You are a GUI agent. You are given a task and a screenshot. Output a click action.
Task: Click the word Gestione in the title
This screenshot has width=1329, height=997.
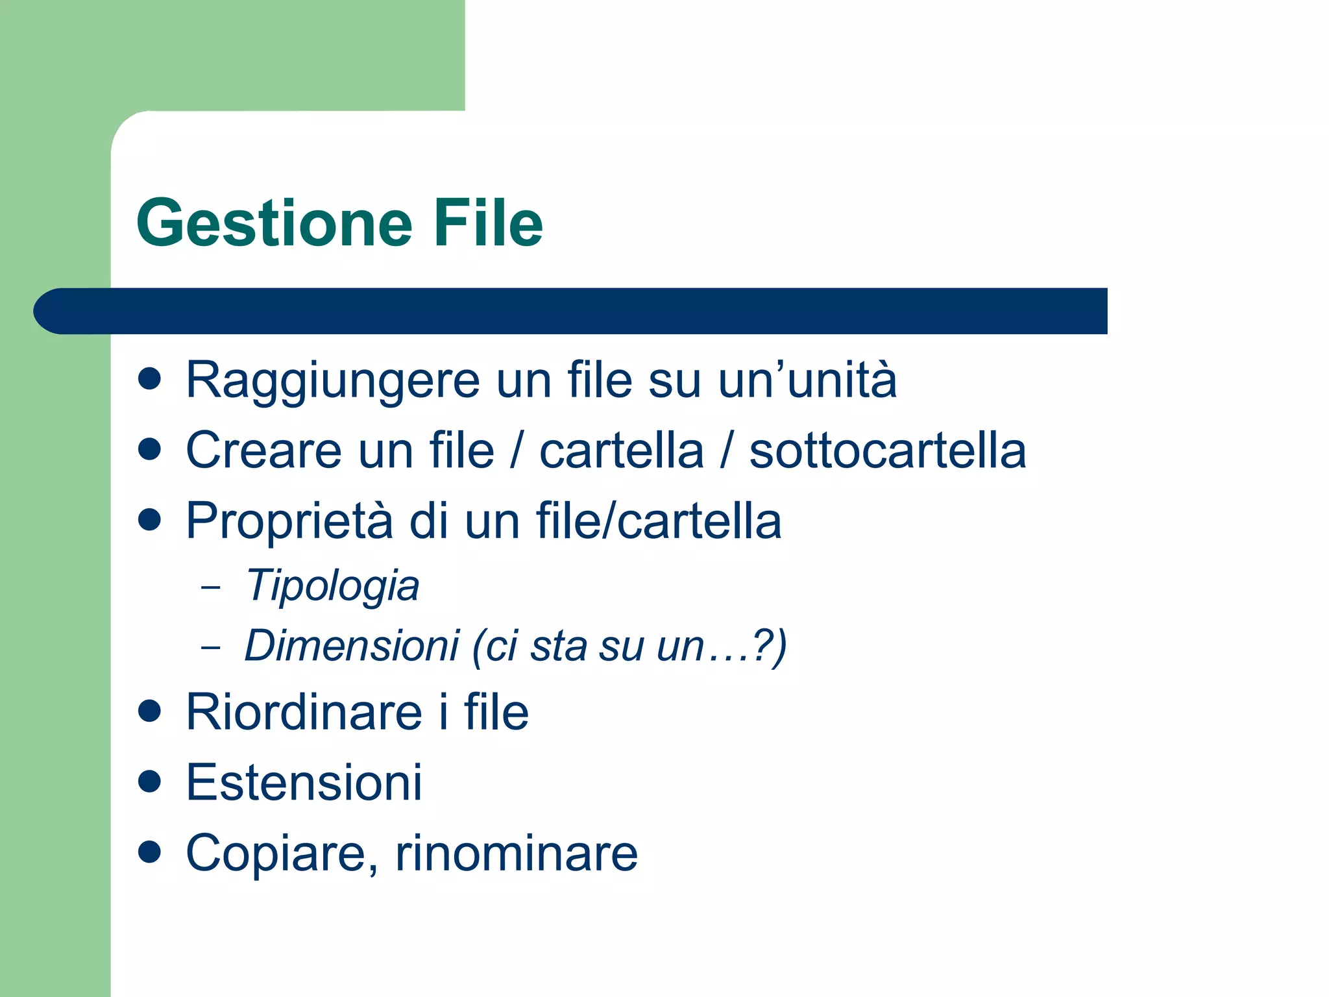(274, 224)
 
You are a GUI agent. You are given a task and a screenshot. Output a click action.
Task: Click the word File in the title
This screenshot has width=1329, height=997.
(488, 223)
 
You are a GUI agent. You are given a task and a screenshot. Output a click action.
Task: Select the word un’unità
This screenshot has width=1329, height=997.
(807, 380)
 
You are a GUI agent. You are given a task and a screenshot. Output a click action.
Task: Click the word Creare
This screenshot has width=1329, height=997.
(263, 450)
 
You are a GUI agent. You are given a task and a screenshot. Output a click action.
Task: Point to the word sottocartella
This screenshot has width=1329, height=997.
(888, 450)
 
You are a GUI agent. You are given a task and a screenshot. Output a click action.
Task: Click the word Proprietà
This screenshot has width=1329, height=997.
(289, 521)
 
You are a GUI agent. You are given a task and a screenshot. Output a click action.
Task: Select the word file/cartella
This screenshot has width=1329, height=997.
(659, 521)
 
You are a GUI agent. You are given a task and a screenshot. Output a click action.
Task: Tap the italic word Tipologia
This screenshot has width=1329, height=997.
(332, 586)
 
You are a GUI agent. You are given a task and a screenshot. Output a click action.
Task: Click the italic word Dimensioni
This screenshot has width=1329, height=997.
(352, 646)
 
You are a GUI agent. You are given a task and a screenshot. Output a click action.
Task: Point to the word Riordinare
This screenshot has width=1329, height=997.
(304, 712)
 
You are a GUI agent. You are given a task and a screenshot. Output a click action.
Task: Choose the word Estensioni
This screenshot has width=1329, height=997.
(304, 782)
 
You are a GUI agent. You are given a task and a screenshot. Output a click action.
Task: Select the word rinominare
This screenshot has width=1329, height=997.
(517, 853)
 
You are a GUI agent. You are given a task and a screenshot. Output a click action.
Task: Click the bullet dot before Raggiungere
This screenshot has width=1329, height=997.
(149, 378)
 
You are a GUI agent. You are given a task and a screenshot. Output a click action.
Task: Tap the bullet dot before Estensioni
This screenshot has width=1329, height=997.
(149, 781)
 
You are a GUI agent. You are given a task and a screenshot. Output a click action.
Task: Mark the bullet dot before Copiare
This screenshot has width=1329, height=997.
(149, 851)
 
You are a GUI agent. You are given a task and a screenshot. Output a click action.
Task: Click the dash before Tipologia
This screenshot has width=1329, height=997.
(210, 587)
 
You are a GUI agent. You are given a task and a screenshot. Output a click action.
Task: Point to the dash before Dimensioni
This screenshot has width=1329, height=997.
(210, 647)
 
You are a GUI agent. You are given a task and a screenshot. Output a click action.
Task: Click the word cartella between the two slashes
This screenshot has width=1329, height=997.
(621, 450)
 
